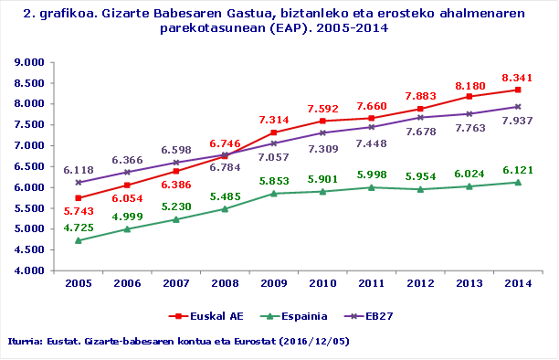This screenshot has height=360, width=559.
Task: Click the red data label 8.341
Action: (x=512, y=77)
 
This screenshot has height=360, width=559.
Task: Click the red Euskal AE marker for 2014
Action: (x=518, y=90)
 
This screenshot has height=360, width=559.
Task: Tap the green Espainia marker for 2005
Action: (x=79, y=240)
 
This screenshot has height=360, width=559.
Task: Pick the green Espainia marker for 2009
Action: (x=274, y=193)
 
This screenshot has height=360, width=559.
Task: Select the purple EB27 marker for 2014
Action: (x=518, y=106)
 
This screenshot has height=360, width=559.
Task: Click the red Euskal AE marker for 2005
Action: (x=79, y=198)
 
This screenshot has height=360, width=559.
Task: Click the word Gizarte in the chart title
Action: (x=117, y=14)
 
